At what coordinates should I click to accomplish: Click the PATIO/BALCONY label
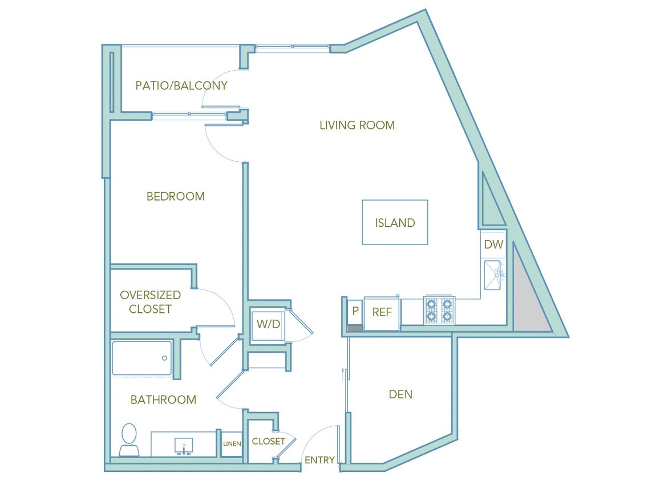point(181,85)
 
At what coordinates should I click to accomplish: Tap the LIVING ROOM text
point(357,125)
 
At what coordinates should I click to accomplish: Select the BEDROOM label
point(175,196)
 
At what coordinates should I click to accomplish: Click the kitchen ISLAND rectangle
point(395,223)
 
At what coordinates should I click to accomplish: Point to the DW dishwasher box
point(493,245)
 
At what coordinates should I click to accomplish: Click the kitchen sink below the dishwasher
point(492,275)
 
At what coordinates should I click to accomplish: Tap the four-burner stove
point(439,310)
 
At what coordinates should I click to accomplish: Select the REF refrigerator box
point(381,312)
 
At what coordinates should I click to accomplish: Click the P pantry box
point(355,311)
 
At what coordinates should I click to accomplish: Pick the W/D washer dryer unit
point(268,324)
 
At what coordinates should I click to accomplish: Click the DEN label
point(400,394)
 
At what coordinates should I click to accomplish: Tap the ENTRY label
point(319,460)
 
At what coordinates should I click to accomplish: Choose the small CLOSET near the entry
point(268,441)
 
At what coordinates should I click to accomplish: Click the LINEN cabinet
point(232,443)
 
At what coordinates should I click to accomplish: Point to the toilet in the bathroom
point(129,439)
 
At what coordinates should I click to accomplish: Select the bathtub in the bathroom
point(141,358)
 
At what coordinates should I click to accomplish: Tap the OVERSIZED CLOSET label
point(150,302)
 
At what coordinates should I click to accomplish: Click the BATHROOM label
point(163,400)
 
